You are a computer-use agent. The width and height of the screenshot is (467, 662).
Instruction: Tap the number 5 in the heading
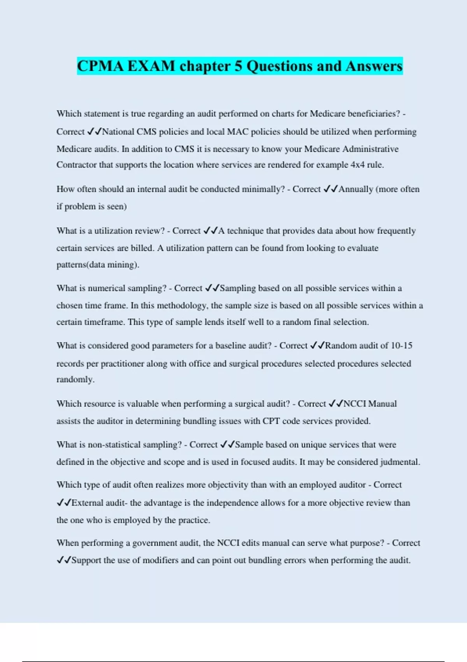pyautogui.click(x=238, y=66)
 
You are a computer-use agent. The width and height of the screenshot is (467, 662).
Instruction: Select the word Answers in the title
pyautogui.click(x=374, y=66)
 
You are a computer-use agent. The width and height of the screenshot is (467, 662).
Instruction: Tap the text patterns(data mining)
pyautogui.click(x=98, y=265)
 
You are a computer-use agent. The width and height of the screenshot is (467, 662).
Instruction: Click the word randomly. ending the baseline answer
pyautogui.click(x=75, y=379)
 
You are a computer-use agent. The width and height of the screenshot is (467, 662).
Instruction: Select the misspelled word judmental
pyautogui.click(x=400, y=462)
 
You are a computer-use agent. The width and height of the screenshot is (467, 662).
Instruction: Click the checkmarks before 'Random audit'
pyautogui.click(x=317, y=345)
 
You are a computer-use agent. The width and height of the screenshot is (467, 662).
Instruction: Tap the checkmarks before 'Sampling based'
pyautogui.click(x=212, y=288)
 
